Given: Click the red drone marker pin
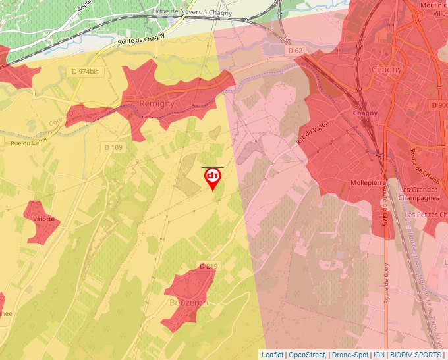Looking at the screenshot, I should coord(213,178).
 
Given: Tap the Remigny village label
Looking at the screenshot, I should coord(156,104).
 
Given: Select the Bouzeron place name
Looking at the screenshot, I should coord(188,303).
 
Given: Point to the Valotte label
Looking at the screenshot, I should coord(43,220).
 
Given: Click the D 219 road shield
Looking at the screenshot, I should coord(208,266).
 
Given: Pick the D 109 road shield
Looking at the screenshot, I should coord(113,147).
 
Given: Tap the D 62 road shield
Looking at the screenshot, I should coord(294,51).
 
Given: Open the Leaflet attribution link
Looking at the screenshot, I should coord(272,355).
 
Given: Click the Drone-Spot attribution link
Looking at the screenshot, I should coord(350,355).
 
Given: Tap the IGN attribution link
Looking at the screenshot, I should coord(379,355).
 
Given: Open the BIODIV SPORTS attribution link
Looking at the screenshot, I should coord(416,355).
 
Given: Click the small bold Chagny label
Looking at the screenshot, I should coord(366,113).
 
